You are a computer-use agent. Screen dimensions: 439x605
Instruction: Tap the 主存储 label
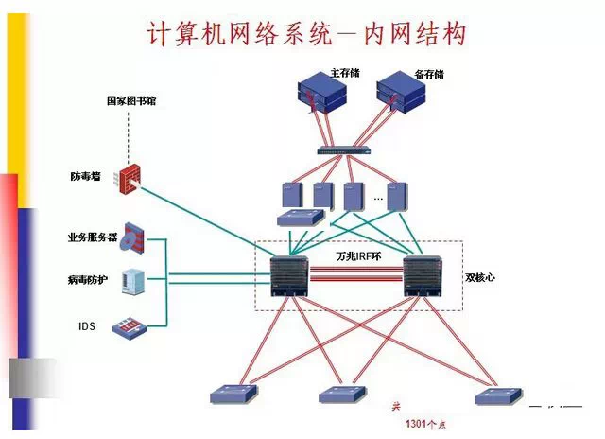click(x=346, y=73)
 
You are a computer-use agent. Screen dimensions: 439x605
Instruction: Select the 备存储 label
click(x=430, y=73)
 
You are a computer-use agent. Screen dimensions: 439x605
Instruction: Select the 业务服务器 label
click(x=93, y=237)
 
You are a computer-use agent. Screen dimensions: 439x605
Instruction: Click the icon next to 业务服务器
click(x=135, y=237)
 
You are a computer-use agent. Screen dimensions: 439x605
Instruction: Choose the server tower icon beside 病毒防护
click(x=134, y=282)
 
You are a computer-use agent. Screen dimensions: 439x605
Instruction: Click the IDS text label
click(x=87, y=326)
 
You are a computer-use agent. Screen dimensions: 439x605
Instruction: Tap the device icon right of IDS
click(x=130, y=327)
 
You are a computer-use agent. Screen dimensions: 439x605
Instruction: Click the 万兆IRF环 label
click(x=359, y=256)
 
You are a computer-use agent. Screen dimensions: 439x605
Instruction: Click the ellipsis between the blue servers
click(x=377, y=199)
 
